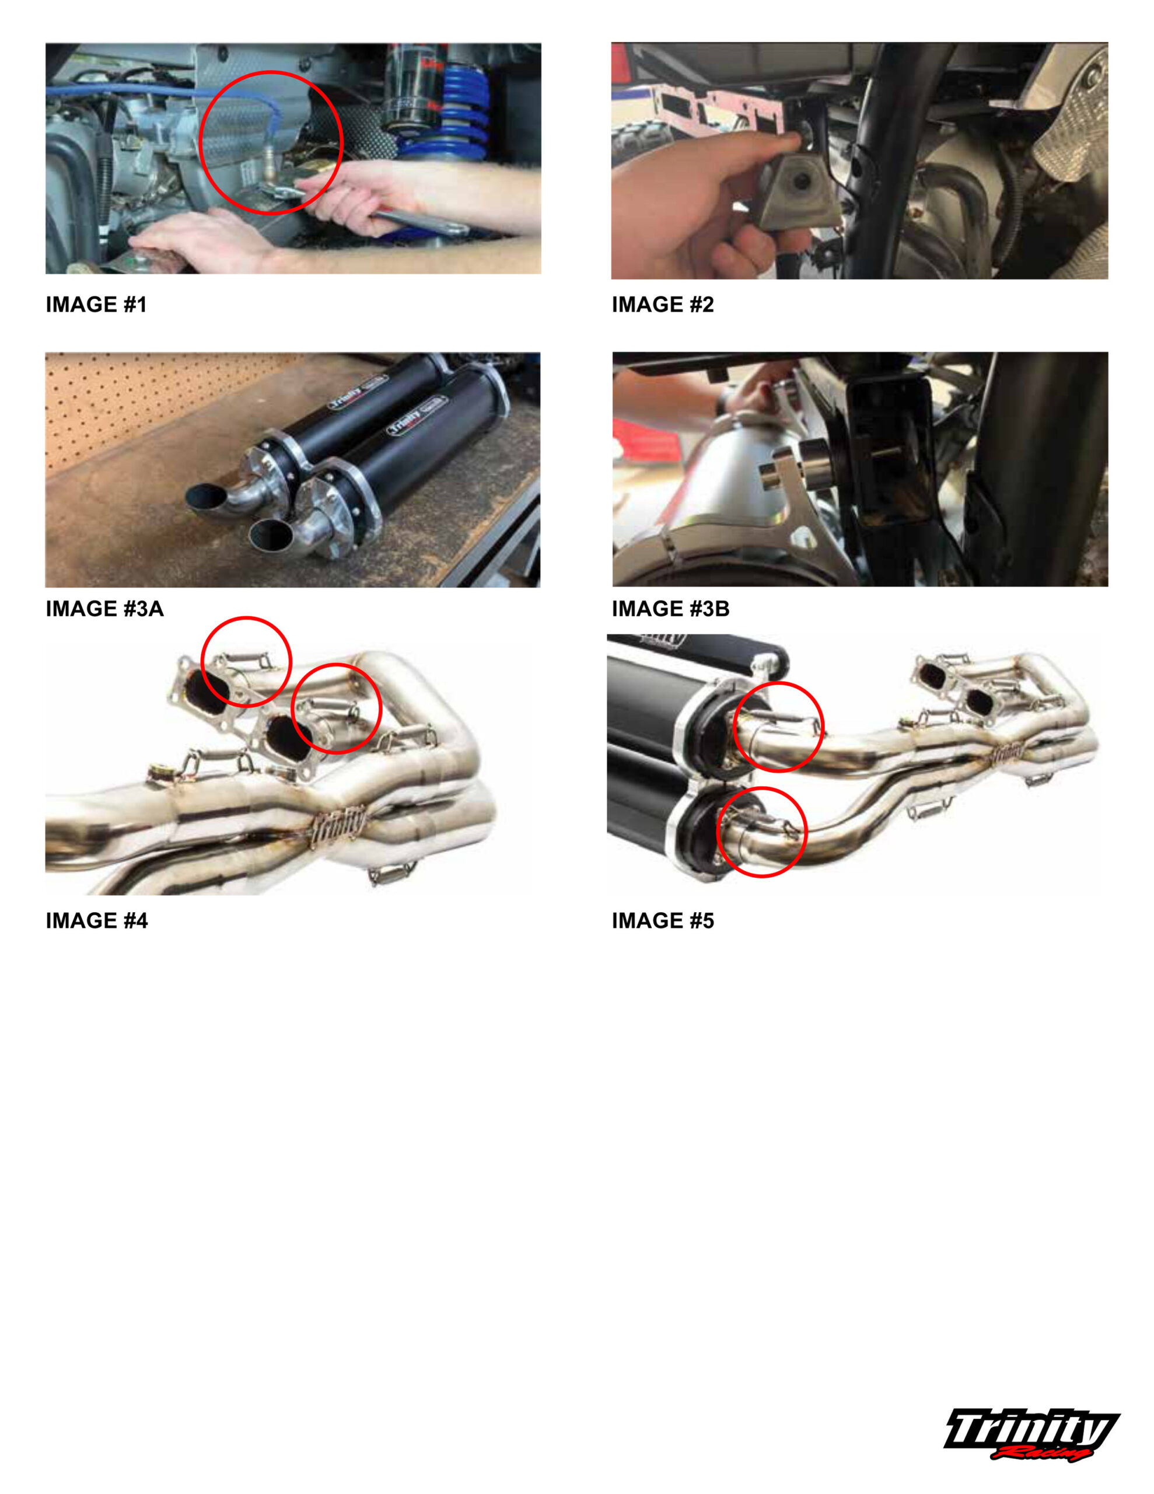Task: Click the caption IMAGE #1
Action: tap(96, 305)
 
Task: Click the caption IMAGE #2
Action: tap(663, 305)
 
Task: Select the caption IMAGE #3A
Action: tap(104, 608)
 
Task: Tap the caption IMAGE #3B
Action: tap(671, 608)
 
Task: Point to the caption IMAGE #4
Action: tap(96, 920)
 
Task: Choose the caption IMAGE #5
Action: tap(663, 920)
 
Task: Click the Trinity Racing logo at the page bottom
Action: tap(1031, 1434)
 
